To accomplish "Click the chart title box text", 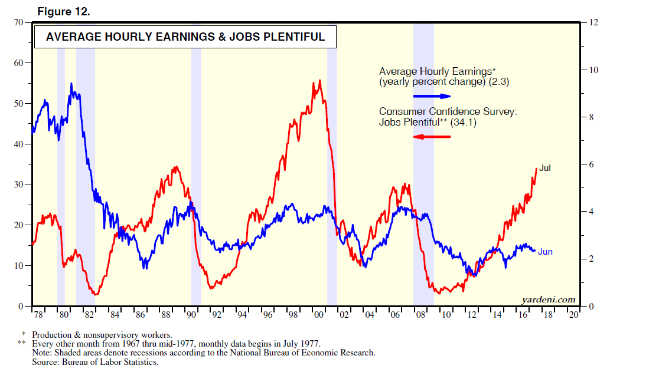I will coord(185,37).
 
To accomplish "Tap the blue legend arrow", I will coord(431,96).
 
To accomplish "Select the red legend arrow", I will coord(431,137).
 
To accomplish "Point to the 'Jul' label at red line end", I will coord(545,168).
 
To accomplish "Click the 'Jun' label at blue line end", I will coord(545,252).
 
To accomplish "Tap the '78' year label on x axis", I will coord(39,315).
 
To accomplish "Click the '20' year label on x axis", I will coord(573,315).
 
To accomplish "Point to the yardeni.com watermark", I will coord(548,299).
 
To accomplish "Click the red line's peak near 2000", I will coord(319,81).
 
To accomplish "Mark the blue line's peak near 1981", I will coord(71,84).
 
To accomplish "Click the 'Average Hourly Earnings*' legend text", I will coord(437,71).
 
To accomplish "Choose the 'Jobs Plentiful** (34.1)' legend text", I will coord(427,123).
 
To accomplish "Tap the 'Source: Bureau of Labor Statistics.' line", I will coord(95,361).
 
